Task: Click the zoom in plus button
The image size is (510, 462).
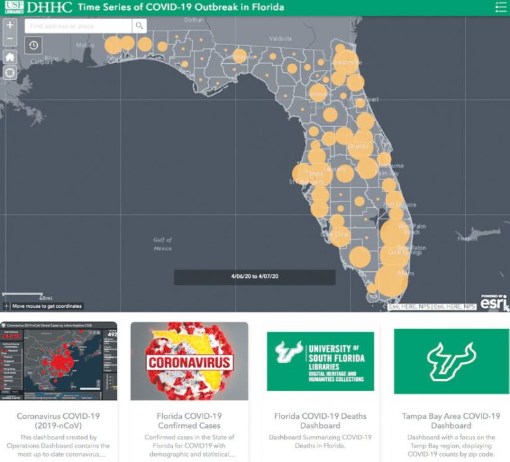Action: [10, 25]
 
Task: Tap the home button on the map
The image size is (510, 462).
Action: [10, 57]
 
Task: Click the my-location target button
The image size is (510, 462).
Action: [10, 72]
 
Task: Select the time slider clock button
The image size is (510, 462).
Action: [33, 45]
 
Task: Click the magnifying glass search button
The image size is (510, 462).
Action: [139, 26]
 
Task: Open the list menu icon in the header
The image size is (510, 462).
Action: [501, 7]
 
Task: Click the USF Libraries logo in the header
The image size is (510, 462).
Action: [13, 7]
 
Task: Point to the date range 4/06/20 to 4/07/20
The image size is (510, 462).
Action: [254, 276]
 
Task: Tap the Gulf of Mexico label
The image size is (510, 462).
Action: [162, 244]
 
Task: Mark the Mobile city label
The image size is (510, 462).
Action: [85, 45]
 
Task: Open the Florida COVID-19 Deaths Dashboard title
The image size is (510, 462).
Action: [321, 421]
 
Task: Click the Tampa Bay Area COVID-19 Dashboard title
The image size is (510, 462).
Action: [451, 421]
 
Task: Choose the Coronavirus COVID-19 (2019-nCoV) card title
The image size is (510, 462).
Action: [58, 421]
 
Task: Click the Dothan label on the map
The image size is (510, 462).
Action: [195, 19]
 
